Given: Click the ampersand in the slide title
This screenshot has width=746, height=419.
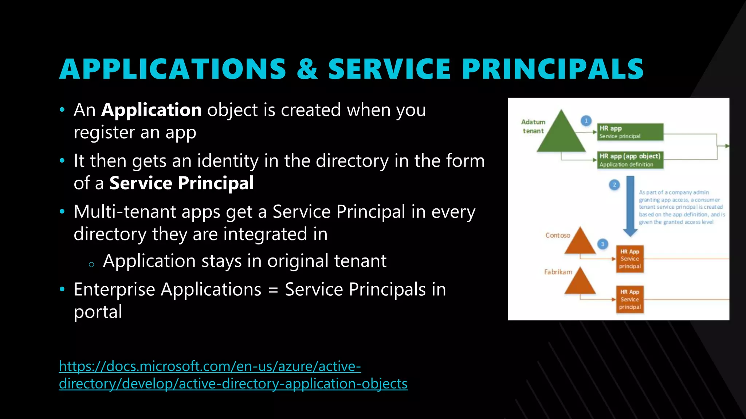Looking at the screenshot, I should pos(307,69).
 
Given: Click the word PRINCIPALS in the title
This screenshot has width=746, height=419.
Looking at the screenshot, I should pos(553,69).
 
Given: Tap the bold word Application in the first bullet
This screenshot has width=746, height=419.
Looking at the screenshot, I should pos(152,110).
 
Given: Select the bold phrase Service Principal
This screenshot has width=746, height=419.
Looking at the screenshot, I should pos(181,183).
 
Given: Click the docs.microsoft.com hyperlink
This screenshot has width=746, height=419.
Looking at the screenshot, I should pos(233,375).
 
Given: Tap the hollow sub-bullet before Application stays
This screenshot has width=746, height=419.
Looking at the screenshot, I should pos(91,265).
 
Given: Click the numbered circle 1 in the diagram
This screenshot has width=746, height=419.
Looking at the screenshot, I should pos(586,121).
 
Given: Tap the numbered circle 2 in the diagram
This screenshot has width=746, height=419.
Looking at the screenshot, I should pos(615,185).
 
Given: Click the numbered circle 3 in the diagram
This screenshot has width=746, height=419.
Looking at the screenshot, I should pos(602,244).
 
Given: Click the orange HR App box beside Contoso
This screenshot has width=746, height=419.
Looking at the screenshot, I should pos(630,259).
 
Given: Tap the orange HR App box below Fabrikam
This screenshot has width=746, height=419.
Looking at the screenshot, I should pos(630,300).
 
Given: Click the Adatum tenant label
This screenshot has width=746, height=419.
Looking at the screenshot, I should pos(533,126).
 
